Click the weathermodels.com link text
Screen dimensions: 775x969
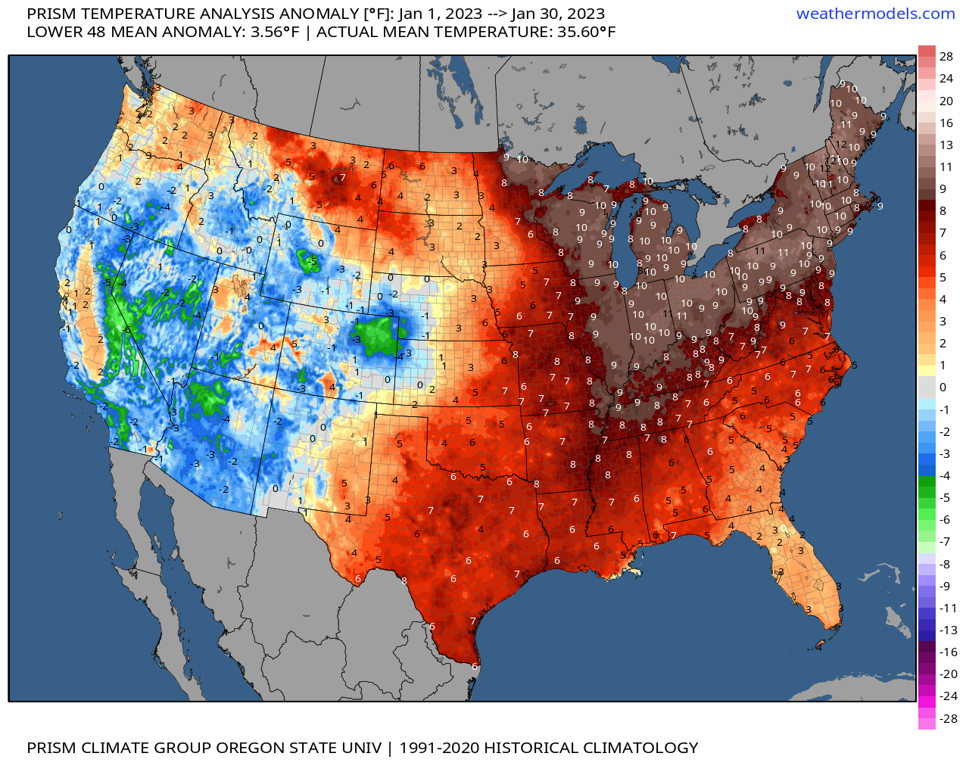pyautogui.click(x=875, y=14)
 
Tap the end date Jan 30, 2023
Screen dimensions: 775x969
pyautogui.click(x=558, y=14)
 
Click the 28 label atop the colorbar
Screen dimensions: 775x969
pyautogui.click(x=946, y=57)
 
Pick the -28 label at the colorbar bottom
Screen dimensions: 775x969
pyautogui.click(x=948, y=718)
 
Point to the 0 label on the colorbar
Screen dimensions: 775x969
pyautogui.click(x=943, y=387)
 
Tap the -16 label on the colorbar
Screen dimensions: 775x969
pyautogui.click(x=948, y=652)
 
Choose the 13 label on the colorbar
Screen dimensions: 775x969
pyautogui.click(x=946, y=145)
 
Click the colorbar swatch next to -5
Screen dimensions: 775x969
pyautogui.click(x=927, y=497)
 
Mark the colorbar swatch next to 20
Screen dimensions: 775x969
pyautogui.click(x=927, y=101)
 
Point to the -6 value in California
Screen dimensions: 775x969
pyautogui.click(x=127, y=330)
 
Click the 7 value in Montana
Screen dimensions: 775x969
pyautogui.click(x=342, y=178)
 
